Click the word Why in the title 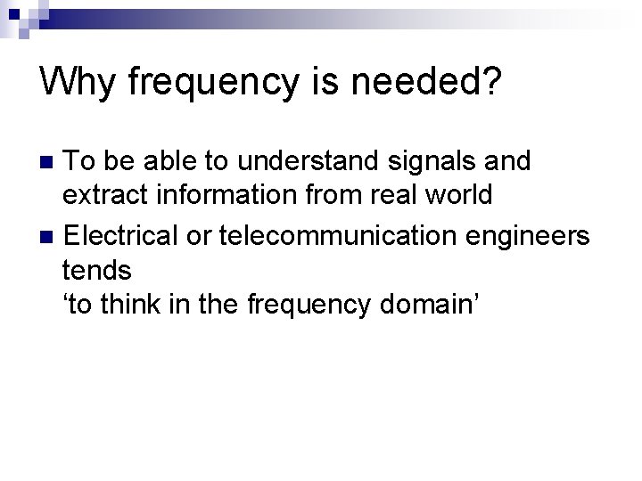(78, 83)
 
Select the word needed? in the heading (433, 83)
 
